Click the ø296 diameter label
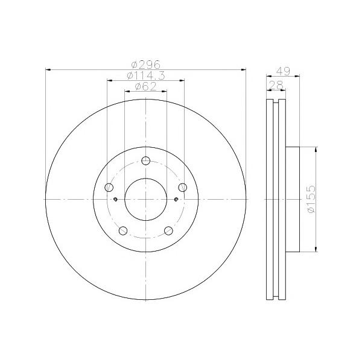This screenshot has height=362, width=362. tap(145, 65)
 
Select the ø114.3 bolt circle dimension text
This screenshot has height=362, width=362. tap(146, 75)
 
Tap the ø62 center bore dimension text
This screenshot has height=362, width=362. tap(145, 86)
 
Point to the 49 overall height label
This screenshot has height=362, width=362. tap(283, 71)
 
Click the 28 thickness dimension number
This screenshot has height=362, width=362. tap(276, 86)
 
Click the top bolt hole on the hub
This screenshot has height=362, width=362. tap(145, 160)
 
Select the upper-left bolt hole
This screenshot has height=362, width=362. tap(109, 187)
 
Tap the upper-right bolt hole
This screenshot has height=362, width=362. tap(183, 187)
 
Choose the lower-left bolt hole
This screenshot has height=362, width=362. tap(123, 230)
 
